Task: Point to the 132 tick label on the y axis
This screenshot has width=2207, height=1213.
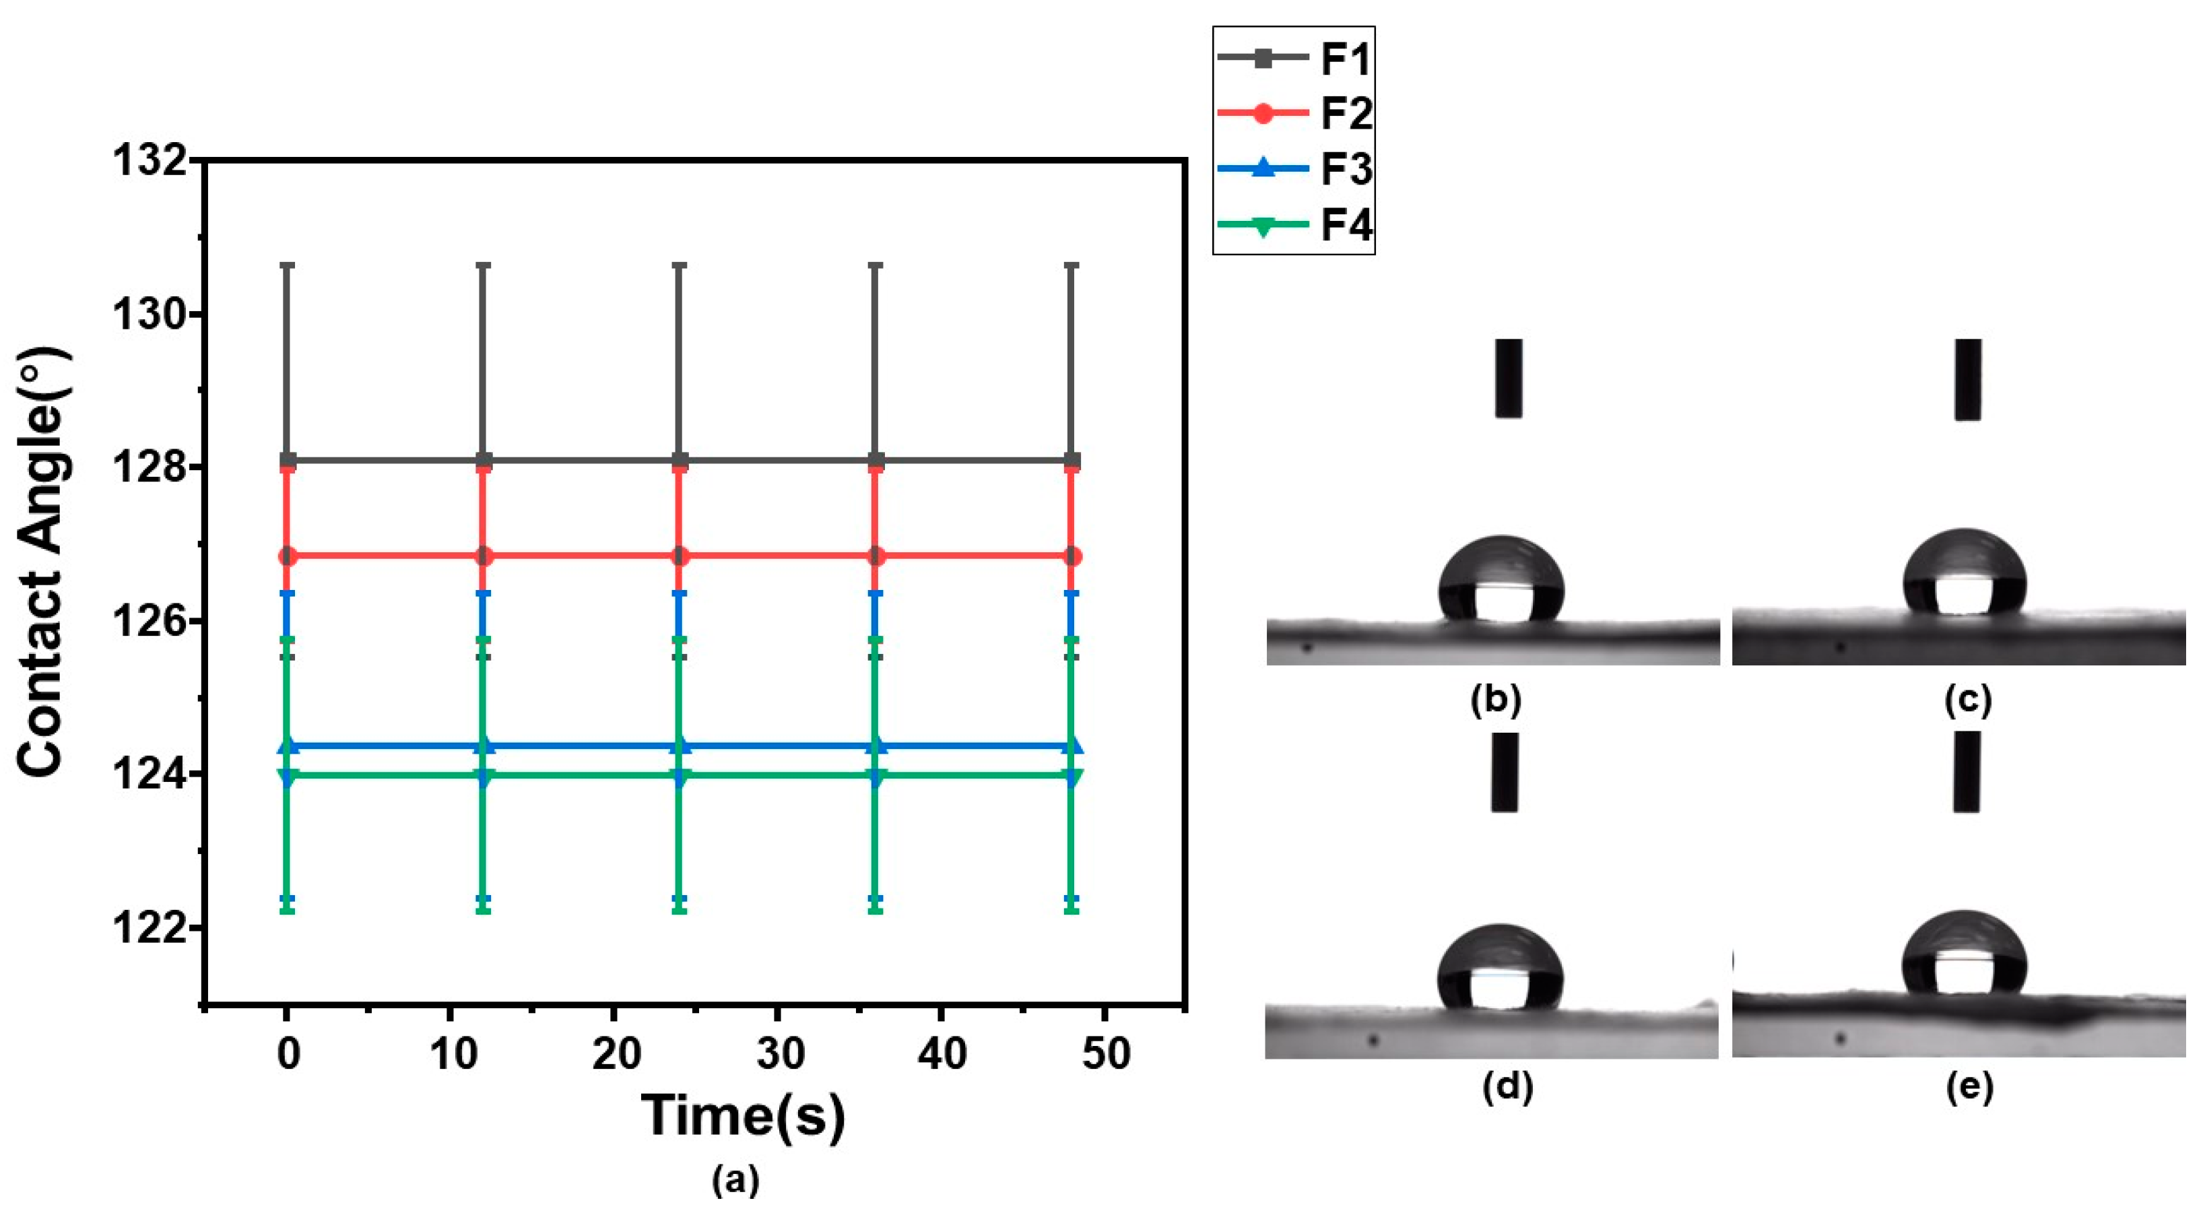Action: click(150, 161)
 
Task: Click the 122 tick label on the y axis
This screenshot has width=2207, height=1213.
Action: click(150, 927)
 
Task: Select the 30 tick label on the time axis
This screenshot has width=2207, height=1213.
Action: click(780, 1053)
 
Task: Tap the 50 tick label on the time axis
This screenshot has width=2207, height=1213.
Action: click(1105, 1053)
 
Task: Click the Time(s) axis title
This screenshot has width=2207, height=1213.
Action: click(743, 1115)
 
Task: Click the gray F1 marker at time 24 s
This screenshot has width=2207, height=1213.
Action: click(680, 461)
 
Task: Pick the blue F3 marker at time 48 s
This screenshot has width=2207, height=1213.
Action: click(1072, 747)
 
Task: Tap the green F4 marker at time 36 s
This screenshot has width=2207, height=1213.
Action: click(876, 776)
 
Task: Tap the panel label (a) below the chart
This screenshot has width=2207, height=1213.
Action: click(735, 1181)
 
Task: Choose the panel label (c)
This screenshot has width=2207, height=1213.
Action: click(1967, 700)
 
